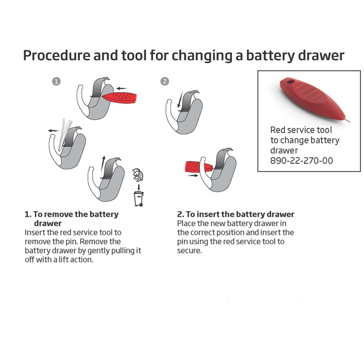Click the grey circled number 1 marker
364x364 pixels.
point(57,82)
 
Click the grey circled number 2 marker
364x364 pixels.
point(165,82)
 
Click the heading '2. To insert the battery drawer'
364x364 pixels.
point(235,214)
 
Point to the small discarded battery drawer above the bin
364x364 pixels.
point(137,173)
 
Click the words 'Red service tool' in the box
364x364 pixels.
point(301,130)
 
